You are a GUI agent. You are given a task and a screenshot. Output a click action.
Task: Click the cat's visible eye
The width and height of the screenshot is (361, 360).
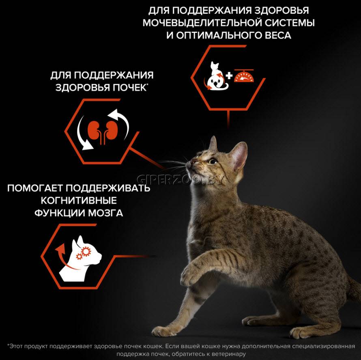click(x=213, y=161)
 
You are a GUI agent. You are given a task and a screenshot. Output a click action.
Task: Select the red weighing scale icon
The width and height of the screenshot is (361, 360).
click(x=244, y=76)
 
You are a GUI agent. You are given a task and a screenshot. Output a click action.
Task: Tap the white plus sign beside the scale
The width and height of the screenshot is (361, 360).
click(x=229, y=76)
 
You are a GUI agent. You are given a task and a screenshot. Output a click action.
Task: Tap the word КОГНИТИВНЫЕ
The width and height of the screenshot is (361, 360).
click(x=79, y=200)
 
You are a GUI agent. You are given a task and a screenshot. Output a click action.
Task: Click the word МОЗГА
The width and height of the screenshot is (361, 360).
click(x=106, y=213)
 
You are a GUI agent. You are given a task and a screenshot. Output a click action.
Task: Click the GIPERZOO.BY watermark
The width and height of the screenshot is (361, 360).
click(x=180, y=180)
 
